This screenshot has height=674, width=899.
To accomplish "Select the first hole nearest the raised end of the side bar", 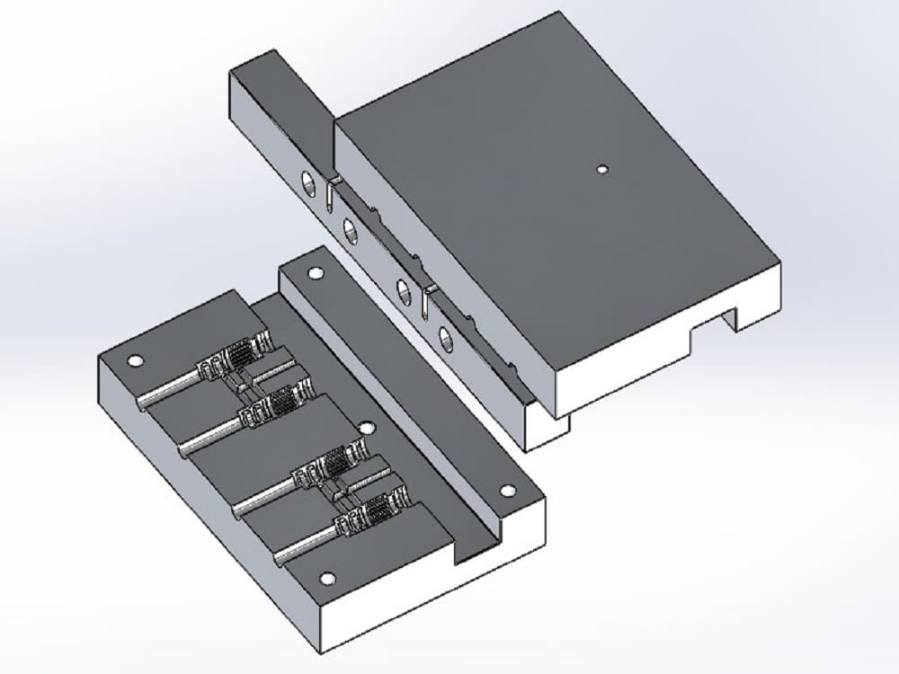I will click(307, 182).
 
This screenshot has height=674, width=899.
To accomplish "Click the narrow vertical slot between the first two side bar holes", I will click(332, 192).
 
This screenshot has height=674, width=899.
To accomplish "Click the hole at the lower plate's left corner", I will click(136, 361).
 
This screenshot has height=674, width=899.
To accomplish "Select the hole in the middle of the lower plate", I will click(365, 429).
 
